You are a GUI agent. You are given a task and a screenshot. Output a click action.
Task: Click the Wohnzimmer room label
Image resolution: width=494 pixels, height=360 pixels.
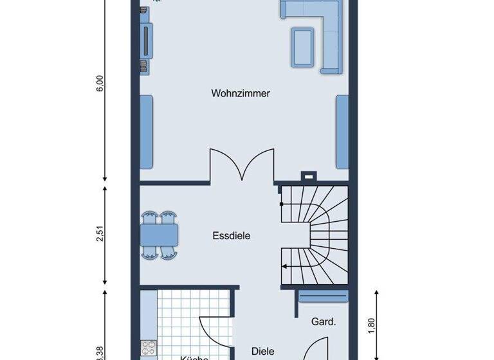(x=241, y=93)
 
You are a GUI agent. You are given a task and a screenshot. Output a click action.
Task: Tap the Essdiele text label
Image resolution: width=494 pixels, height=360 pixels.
(x=231, y=236)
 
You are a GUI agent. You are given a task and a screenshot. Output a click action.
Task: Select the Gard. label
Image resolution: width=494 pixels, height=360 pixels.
(x=324, y=321)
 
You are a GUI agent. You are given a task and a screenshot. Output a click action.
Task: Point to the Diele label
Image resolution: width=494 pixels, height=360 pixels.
(x=262, y=351)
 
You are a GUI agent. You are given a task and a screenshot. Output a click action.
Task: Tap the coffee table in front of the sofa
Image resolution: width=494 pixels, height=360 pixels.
(x=303, y=46)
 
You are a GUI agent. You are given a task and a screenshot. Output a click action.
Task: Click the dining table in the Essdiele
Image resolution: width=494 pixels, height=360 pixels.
(x=160, y=235)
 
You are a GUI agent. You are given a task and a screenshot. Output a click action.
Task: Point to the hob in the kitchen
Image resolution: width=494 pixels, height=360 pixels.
(x=149, y=348)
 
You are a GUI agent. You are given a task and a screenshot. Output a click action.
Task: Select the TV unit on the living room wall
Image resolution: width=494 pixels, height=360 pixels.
(x=147, y=41)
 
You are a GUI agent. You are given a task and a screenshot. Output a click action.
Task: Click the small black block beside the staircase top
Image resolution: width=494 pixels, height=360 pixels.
(x=309, y=175)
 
